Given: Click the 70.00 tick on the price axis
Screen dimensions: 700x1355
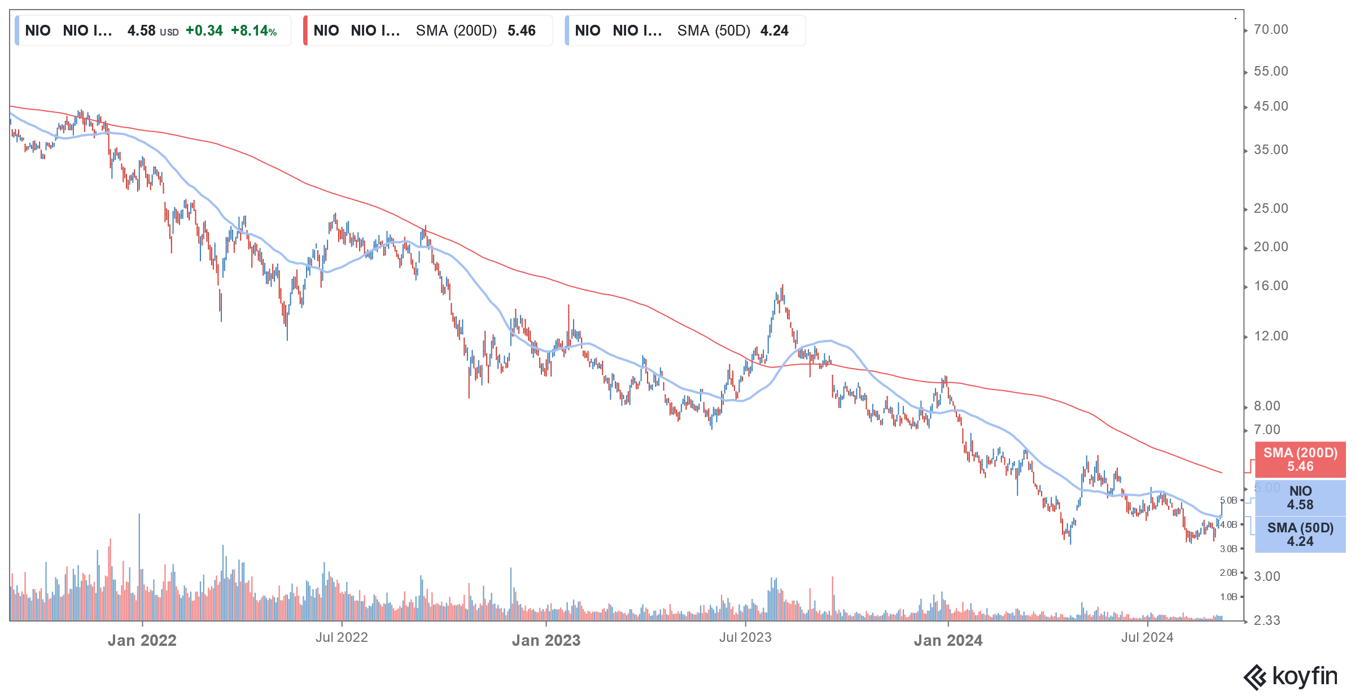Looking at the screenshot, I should [x=1270, y=30].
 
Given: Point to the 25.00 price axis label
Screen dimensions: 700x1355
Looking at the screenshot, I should [x=1270, y=209].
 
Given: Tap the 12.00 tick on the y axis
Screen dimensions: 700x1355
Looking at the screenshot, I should [x=1270, y=336].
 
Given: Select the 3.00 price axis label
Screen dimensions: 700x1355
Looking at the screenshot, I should [x=1266, y=576].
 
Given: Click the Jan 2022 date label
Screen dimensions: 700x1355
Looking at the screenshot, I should [x=142, y=640].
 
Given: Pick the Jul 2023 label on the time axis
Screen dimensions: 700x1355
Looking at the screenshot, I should [x=745, y=637].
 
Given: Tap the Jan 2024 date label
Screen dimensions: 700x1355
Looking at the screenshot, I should [x=948, y=640].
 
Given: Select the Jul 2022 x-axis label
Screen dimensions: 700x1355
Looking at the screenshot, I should [x=342, y=637].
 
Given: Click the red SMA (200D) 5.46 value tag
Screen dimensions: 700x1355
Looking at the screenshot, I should [x=1300, y=460].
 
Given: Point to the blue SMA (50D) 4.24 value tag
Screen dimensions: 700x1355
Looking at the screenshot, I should [x=1300, y=535].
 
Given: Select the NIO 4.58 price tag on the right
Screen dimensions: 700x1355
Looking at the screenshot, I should [x=1300, y=497].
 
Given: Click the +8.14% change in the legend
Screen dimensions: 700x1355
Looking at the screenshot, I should [x=253, y=30].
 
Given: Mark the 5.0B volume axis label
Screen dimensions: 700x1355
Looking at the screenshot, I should [x=1228, y=501].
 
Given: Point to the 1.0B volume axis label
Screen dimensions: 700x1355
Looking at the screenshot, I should [x=1228, y=597].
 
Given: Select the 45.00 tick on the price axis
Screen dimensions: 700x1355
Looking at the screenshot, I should [x=1270, y=107].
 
